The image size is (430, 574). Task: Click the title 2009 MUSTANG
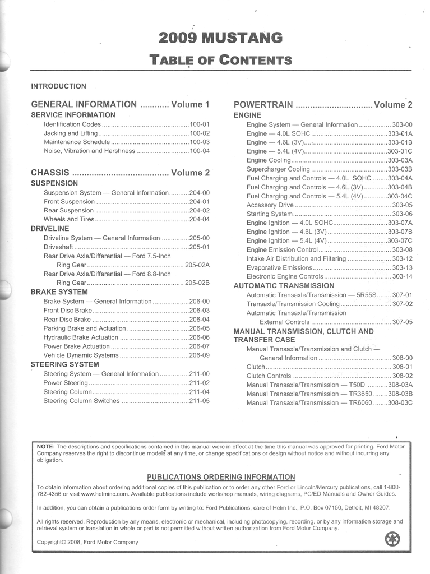(220, 38)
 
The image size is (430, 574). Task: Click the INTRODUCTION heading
(58, 86)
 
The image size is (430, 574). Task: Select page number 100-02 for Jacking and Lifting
(199, 133)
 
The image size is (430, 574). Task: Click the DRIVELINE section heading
(50, 229)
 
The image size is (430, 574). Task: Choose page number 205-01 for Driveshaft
(199, 247)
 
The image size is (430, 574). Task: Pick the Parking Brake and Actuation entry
(85, 328)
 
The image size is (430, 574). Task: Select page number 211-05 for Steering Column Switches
(199, 401)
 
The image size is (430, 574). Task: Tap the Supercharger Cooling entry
(278, 169)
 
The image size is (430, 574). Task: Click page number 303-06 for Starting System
(402, 214)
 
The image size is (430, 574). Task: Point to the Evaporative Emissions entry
(279, 268)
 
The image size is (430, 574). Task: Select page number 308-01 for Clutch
(402, 367)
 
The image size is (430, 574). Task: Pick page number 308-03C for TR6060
(400, 403)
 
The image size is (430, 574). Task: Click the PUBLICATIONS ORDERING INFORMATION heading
(221, 477)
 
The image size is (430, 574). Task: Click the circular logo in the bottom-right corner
(392, 539)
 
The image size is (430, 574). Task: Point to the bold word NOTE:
(46, 446)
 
